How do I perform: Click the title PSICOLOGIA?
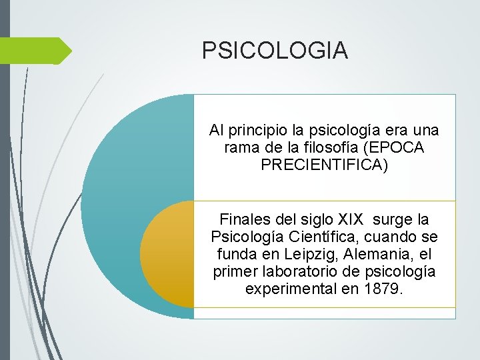click(x=275, y=50)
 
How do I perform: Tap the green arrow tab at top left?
click(x=37, y=51)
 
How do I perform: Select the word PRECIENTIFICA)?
click(x=323, y=165)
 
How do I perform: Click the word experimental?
click(x=285, y=289)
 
